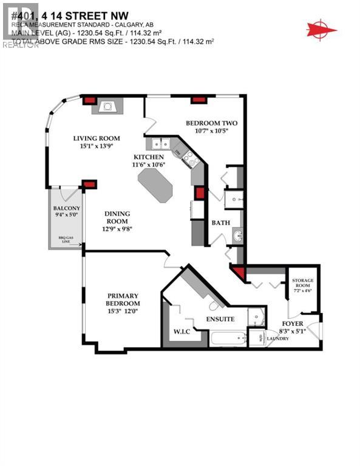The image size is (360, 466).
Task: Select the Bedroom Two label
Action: pyautogui.click(x=211, y=123)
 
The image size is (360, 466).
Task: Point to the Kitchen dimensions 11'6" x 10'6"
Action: pyautogui.click(x=149, y=164)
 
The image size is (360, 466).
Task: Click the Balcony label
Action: pyautogui.click(x=66, y=209)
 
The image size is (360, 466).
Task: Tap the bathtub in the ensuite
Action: pyautogui.click(x=228, y=337)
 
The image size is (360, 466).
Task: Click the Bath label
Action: pyautogui.click(x=220, y=223)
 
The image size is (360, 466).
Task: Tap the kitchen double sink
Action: pyautogui.click(x=160, y=144)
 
